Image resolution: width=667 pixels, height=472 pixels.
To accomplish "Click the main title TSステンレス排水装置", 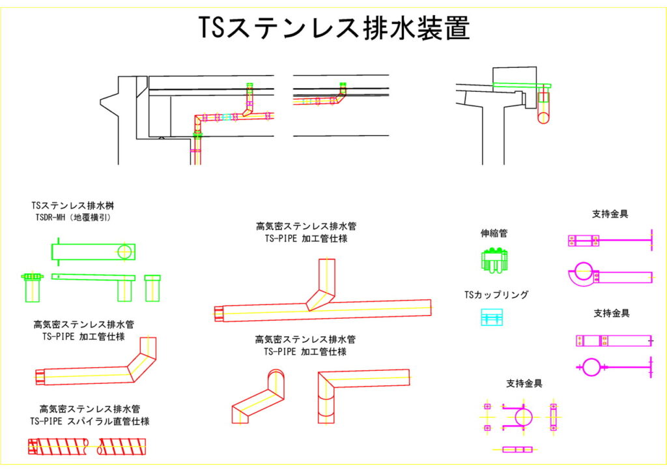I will pyautogui.click(x=333, y=28).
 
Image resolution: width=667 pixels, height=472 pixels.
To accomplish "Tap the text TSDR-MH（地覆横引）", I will pyautogui.click(x=73, y=218).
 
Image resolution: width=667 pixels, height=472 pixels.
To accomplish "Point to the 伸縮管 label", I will pyautogui.click(x=494, y=233).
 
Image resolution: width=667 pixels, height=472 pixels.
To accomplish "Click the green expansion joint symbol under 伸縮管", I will pyautogui.click(x=494, y=260).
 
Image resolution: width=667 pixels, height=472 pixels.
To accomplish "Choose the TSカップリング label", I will pyautogui.click(x=496, y=295).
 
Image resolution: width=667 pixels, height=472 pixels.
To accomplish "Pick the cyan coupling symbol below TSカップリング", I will pyautogui.click(x=493, y=317).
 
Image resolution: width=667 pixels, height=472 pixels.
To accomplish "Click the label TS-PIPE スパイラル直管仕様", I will pyautogui.click(x=90, y=422).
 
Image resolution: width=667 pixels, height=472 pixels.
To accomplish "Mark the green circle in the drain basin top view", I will pyautogui.click(x=125, y=252).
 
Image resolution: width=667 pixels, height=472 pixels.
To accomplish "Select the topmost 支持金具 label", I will pyautogui.click(x=610, y=214).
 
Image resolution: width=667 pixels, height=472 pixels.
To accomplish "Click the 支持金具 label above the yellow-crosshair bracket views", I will pyautogui.click(x=524, y=383).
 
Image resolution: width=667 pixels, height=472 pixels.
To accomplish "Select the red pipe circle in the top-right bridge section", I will pyautogui.click(x=543, y=112).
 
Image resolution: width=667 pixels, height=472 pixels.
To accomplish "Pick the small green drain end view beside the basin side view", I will pyautogui.click(x=153, y=288).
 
